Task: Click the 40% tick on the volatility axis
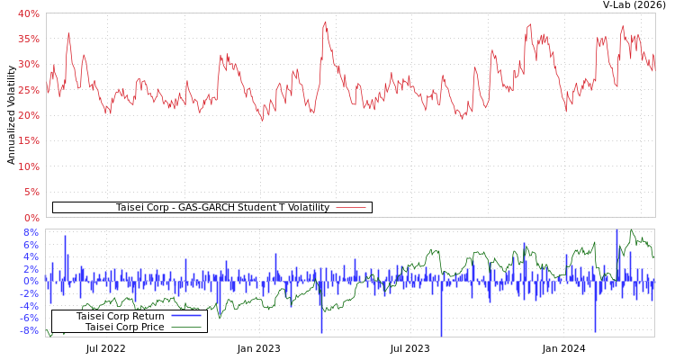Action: [x=28, y=13]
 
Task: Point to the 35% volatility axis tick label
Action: [x=28, y=39]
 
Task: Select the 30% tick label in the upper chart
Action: [x=28, y=64]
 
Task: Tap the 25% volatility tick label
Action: [x=28, y=90]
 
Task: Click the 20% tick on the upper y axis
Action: [x=28, y=115]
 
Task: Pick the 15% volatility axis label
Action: [x=28, y=140]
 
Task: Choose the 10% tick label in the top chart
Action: [x=28, y=166]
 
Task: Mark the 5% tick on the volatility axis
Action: [x=31, y=192]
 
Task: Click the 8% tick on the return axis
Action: [x=31, y=232]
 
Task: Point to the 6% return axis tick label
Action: [x=31, y=245]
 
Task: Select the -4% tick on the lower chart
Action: [x=29, y=305]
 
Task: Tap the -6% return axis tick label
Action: [x=29, y=318]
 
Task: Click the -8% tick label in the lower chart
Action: [x=29, y=330]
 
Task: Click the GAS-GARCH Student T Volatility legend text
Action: [x=222, y=207]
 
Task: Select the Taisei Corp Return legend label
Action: [x=120, y=316]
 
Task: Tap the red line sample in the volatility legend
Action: [x=351, y=207]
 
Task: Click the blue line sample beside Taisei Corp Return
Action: [x=185, y=316]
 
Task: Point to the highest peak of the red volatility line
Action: [x=326, y=22]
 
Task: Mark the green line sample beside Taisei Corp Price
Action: [x=185, y=327]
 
